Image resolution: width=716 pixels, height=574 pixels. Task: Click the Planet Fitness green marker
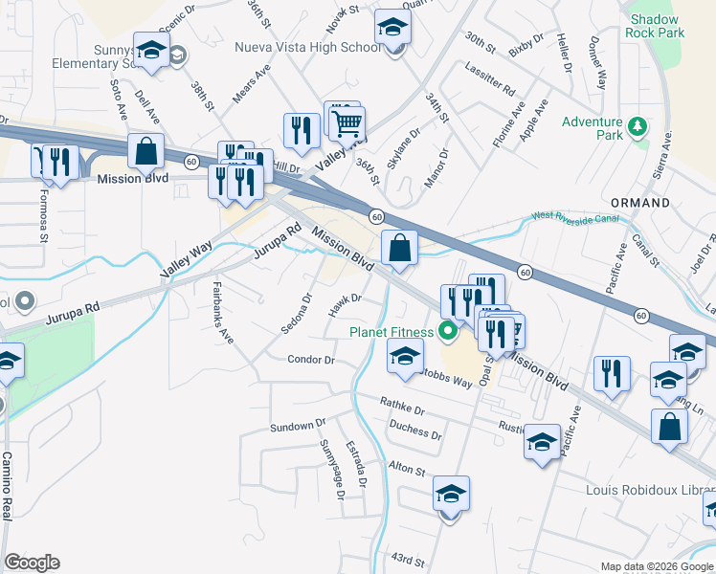pyautogui.click(x=446, y=332)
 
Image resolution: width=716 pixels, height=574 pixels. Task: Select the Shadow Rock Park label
pyautogui.click(x=656, y=26)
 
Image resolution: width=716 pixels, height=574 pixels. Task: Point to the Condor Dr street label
pyautogui.click(x=311, y=361)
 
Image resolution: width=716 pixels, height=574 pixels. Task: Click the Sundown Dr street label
pyautogui.click(x=298, y=426)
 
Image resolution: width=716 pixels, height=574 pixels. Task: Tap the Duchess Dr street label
pyautogui.click(x=415, y=432)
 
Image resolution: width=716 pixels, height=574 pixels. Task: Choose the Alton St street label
pyautogui.click(x=407, y=470)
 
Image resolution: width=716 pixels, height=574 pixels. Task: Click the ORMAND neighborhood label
pyautogui.click(x=641, y=203)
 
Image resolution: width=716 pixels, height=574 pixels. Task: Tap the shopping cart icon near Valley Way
pyautogui.click(x=347, y=121)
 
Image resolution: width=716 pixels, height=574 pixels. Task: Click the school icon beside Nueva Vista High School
pyautogui.click(x=392, y=26)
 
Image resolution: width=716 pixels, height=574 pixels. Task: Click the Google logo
pyautogui.click(x=32, y=563)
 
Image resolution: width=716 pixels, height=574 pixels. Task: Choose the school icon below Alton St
pyautogui.click(x=451, y=495)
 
